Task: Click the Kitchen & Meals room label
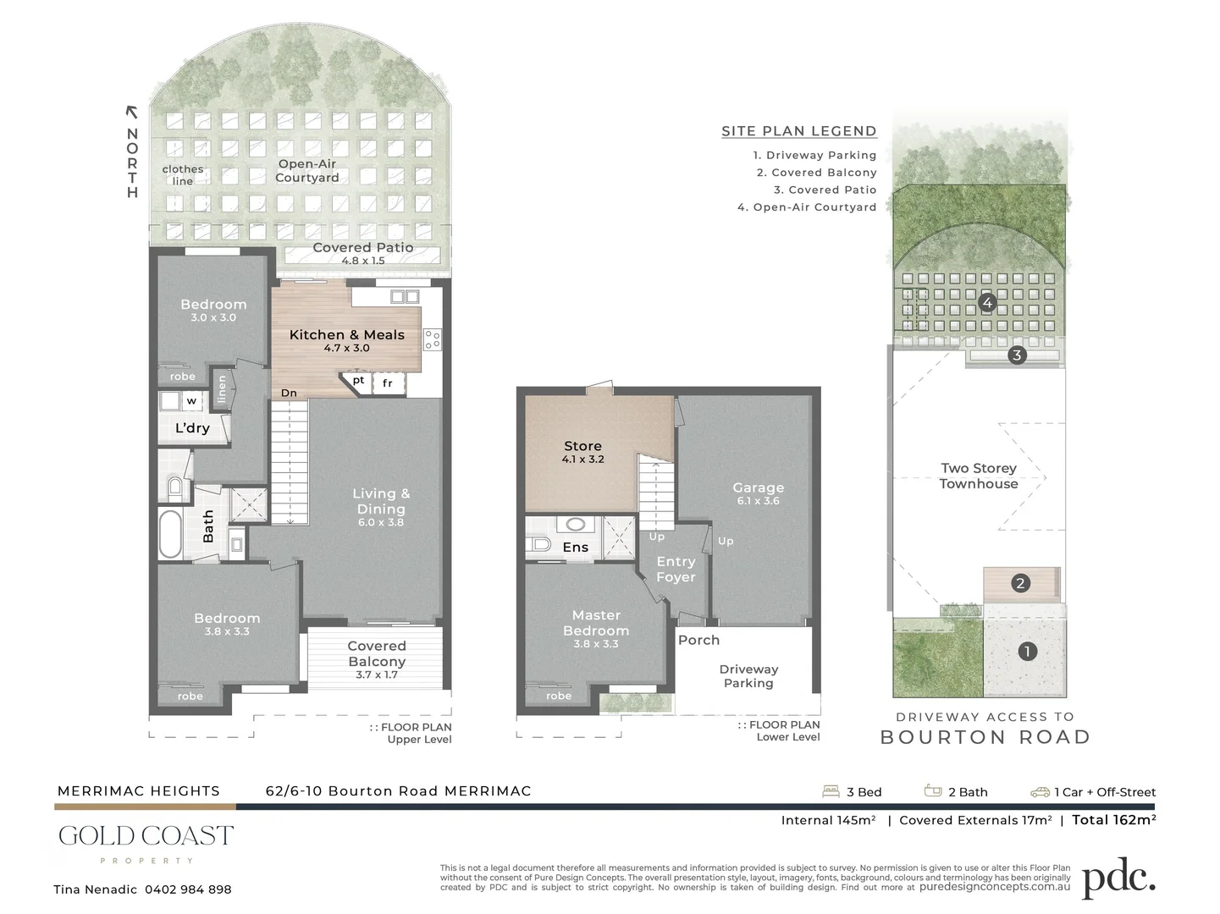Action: [346, 334]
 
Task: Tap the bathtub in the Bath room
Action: [170, 533]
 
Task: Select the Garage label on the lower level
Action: [758, 487]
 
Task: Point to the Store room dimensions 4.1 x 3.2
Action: [582, 460]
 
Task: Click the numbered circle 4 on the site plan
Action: [986, 302]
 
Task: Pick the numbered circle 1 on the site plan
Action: [1027, 651]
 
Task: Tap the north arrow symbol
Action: [131, 111]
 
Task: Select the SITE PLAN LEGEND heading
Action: [798, 131]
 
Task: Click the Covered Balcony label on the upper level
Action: [377, 653]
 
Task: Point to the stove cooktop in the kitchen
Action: [432, 339]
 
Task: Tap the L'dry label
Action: [192, 428]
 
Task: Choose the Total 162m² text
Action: [1113, 819]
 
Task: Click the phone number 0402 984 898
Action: [188, 889]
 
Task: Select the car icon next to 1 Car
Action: [1040, 792]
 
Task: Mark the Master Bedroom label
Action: [595, 623]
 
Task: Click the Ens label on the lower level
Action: [575, 548]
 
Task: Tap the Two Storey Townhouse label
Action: [978, 476]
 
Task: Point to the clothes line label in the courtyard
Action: [183, 175]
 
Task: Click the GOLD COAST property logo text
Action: [146, 837]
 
